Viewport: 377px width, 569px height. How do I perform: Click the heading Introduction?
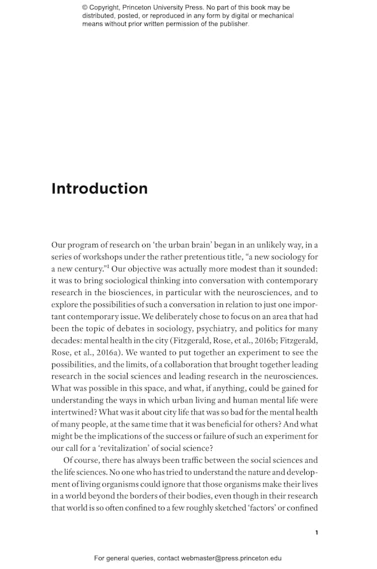pos(99,188)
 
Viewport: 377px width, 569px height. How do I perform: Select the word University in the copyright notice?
pos(173,8)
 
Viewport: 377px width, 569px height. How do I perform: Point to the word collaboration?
pos(193,364)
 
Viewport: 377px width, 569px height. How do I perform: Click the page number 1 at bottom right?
pos(317,533)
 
